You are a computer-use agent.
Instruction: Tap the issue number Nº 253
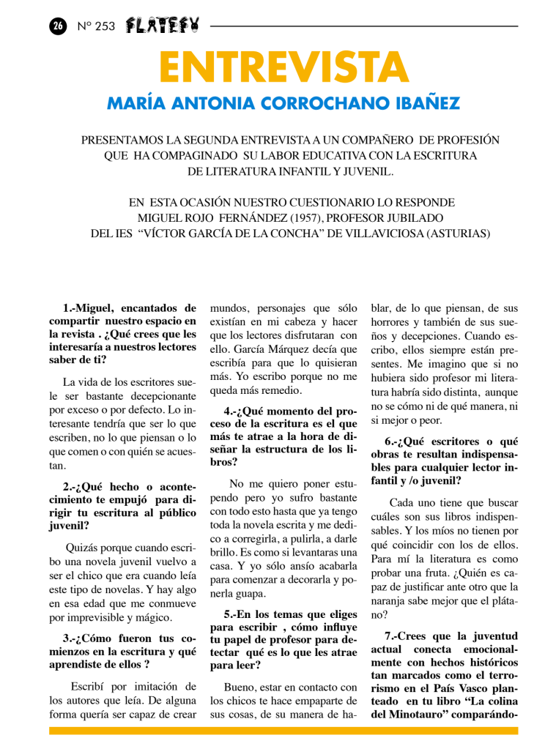[96, 26]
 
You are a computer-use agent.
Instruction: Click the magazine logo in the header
[162, 25]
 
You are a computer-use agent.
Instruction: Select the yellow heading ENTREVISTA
[283, 67]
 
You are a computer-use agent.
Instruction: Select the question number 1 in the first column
[67, 308]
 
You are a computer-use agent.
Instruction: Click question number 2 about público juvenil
[68, 485]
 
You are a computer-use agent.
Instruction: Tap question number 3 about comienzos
[67, 638]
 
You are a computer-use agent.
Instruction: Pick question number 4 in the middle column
[229, 411]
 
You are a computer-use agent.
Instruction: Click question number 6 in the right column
[390, 441]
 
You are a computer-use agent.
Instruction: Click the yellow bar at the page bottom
[283, 731]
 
